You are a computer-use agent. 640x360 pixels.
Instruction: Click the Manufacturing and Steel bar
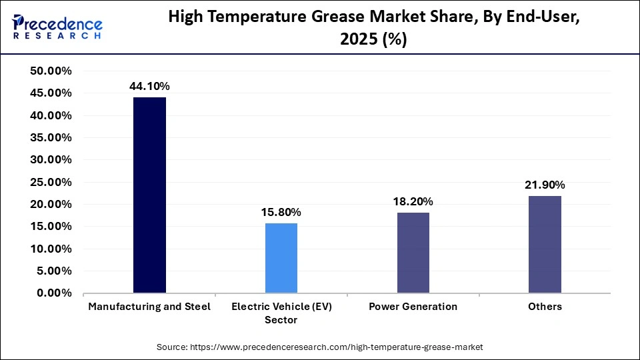point(149,195)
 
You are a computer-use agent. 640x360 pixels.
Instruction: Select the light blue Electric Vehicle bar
point(281,258)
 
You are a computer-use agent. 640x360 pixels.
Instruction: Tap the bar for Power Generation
point(413,253)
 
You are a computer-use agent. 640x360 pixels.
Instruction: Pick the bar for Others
point(545,244)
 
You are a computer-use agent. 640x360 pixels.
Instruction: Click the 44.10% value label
point(149,86)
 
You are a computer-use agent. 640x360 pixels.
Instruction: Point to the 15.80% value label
point(281,212)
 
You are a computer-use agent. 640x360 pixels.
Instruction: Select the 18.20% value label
point(413,201)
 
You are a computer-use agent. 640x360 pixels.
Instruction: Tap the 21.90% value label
point(545,185)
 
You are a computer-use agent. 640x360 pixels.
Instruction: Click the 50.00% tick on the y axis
point(51,71)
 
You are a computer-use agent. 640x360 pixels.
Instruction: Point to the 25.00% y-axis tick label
point(51,182)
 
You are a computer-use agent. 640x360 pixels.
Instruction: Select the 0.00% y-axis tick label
point(54,293)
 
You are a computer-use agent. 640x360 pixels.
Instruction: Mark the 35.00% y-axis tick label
point(51,138)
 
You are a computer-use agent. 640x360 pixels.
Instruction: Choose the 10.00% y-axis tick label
point(51,249)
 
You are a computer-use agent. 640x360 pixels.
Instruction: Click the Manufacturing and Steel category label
point(149,307)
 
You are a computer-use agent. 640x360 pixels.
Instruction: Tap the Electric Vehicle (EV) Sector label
point(281,313)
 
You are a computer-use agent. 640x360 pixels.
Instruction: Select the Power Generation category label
point(413,307)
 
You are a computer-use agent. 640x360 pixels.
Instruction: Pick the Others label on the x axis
point(545,307)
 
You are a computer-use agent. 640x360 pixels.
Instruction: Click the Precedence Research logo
point(57,27)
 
